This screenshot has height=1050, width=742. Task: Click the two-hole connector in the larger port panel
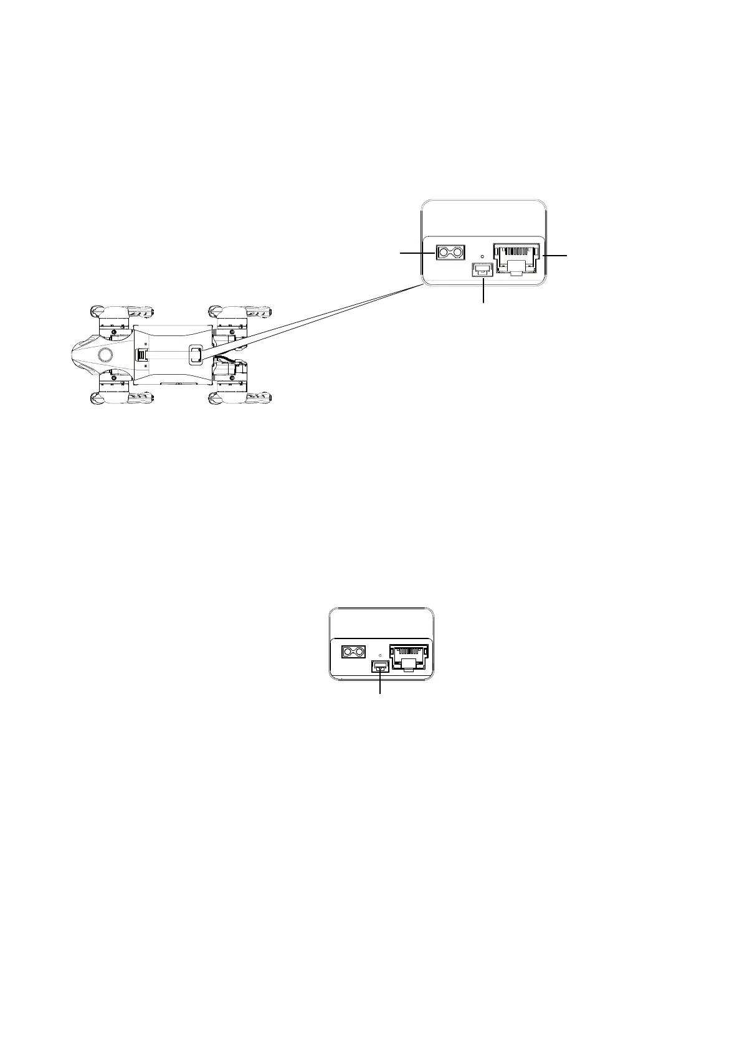point(452,253)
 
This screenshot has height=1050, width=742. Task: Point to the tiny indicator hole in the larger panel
point(483,256)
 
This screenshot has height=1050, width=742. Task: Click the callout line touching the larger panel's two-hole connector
point(416,253)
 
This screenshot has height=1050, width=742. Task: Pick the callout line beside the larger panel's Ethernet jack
point(554,256)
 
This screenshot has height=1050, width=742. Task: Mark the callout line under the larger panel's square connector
point(483,292)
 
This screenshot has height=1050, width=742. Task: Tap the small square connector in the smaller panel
point(380,667)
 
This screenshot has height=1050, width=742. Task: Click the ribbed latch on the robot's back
point(143,355)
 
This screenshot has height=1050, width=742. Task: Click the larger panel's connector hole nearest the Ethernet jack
point(460,253)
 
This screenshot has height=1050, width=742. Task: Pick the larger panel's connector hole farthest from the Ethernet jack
point(444,253)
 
